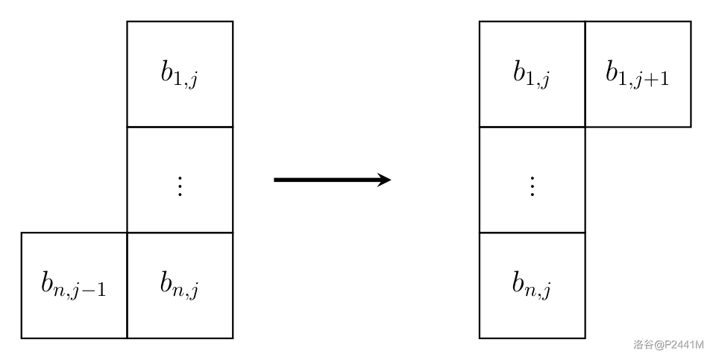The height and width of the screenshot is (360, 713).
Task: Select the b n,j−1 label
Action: [73, 286]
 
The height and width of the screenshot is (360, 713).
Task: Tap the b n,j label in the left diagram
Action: [179, 286]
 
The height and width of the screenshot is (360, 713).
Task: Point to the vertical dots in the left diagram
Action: [179, 185]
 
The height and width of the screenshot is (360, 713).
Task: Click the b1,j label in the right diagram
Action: [531, 75]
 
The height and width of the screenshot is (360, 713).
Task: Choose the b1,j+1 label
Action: [637, 75]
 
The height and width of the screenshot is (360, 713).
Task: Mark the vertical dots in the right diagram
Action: [532, 185]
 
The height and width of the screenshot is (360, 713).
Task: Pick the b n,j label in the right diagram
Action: [531, 286]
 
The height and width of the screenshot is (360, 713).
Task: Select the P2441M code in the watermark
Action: [684, 344]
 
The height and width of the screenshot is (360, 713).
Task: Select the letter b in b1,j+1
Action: [612, 72]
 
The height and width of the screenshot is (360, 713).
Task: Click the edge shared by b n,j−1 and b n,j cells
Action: [127, 285]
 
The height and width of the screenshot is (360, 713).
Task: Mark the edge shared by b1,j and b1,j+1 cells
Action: [585, 74]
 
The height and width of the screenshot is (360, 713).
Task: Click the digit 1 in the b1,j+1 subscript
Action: [625, 80]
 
